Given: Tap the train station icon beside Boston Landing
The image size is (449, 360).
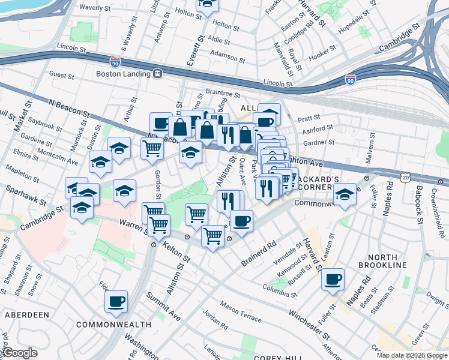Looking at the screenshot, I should (157, 74).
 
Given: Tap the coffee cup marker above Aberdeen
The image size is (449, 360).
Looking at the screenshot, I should (116, 301).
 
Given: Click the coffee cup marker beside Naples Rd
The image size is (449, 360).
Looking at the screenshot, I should (333, 278).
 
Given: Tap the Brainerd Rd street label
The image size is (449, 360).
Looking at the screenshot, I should (259, 254).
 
